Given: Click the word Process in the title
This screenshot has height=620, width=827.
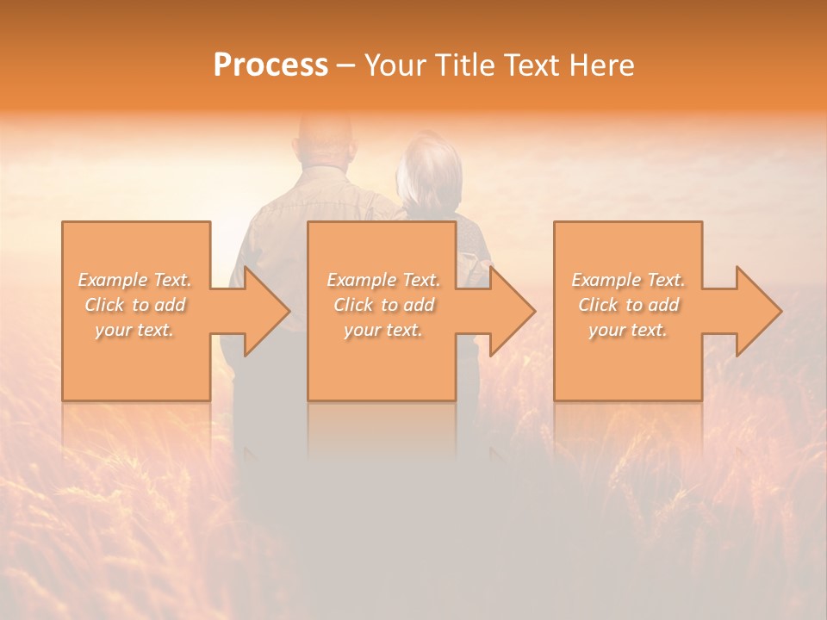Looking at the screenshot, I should coord(270,65).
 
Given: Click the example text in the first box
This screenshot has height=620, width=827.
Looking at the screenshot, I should coord(135,305).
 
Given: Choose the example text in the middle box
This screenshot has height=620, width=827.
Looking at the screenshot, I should coord(383,305).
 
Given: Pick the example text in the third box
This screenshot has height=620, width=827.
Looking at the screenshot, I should coord(628,305).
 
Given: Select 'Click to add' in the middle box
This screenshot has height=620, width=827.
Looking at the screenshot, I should coord(383,305).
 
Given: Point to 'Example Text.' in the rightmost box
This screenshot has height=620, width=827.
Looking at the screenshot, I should coord(628,280).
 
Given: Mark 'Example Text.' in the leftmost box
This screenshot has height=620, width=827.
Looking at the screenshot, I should coord(135,280).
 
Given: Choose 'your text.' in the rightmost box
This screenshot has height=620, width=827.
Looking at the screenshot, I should coord(627,330).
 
